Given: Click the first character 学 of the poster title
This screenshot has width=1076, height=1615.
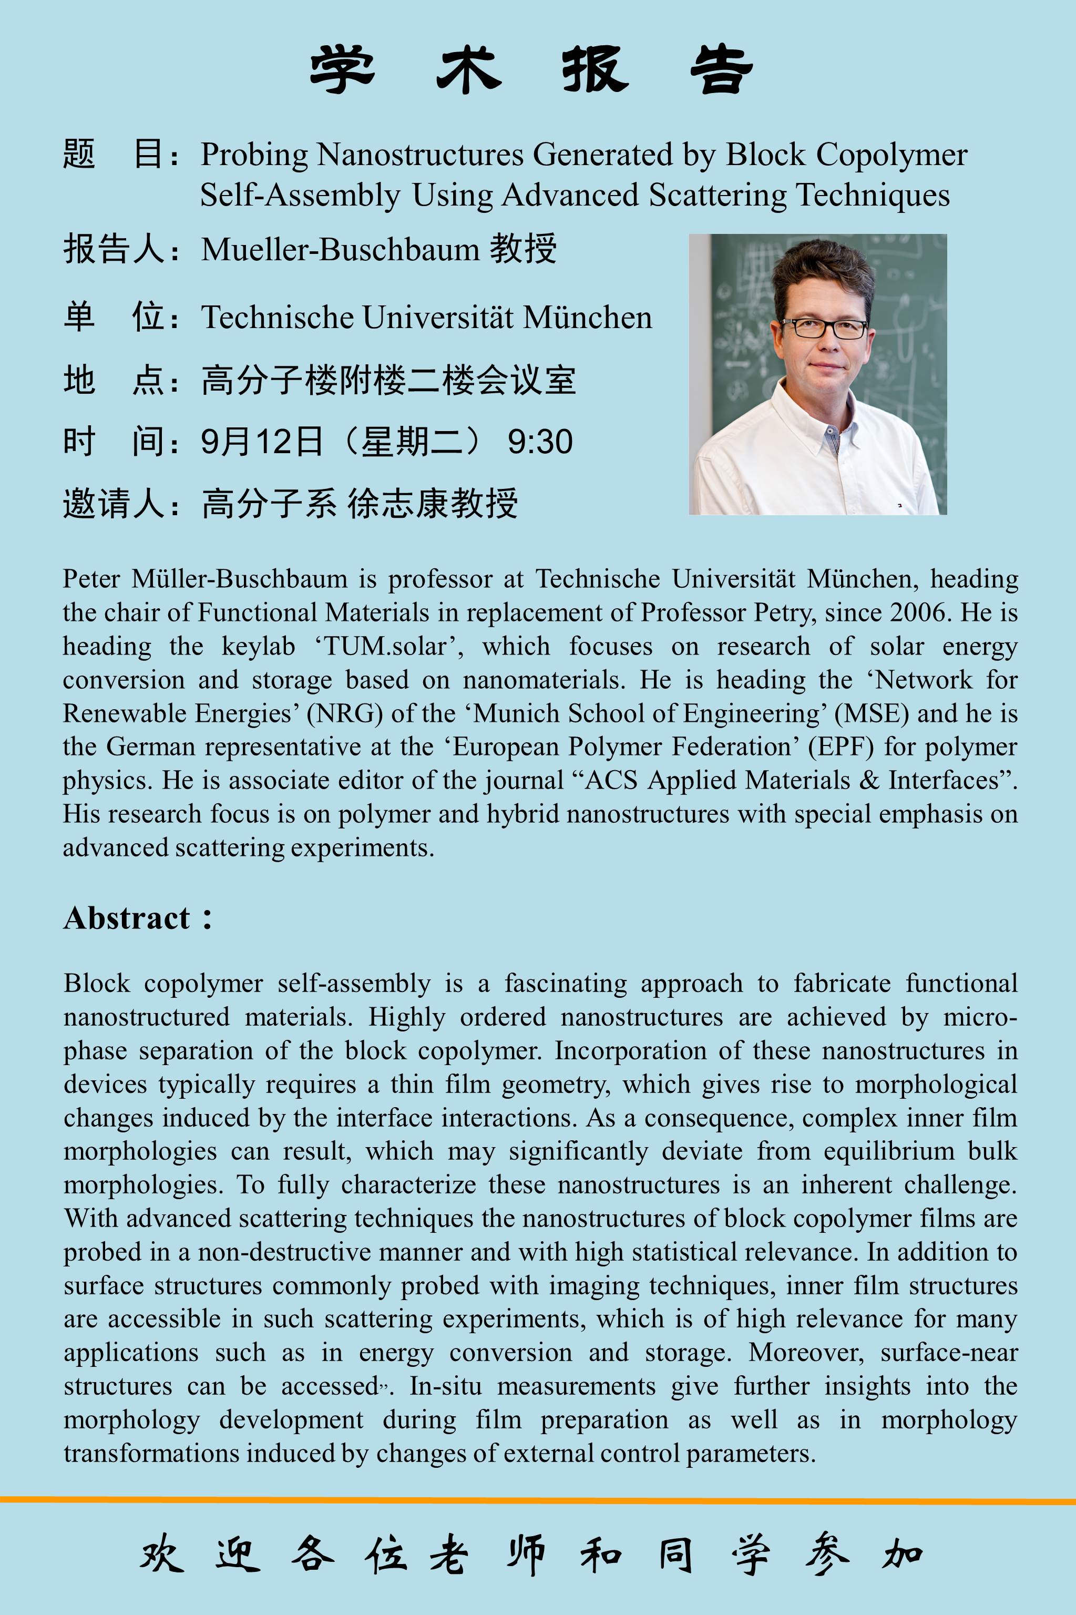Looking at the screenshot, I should [342, 70].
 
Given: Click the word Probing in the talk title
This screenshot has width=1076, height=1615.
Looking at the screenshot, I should [254, 155].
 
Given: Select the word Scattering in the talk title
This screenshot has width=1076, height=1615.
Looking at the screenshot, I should [717, 196].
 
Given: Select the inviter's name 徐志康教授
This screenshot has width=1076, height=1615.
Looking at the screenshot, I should [432, 504].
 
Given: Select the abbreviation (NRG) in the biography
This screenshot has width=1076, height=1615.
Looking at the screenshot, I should [344, 714].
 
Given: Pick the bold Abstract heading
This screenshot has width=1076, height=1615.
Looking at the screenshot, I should [128, 918].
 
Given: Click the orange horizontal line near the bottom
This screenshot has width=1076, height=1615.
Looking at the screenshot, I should [538, 1500].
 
